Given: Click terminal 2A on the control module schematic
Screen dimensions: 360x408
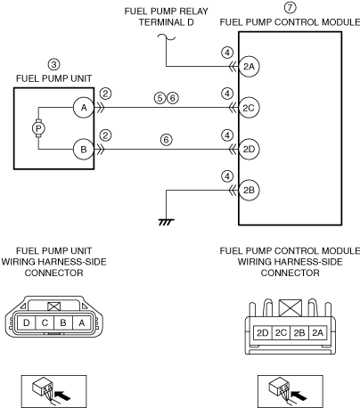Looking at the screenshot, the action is click(x=249, y=67).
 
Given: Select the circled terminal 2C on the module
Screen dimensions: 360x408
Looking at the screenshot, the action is click(x=249, y=108).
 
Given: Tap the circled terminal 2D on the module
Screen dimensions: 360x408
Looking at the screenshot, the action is click(x=249, y=149).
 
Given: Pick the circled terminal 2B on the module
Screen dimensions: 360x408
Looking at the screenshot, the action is click(x=249, y=190).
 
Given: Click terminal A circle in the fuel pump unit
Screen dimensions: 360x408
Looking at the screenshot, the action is click(x=84, y=108).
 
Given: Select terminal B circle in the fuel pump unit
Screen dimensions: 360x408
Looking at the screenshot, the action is click(x=84, y=149).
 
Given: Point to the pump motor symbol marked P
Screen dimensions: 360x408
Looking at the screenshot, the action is click(x=38, y=128).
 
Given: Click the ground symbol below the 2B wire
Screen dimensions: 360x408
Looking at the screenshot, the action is click(x=167, y=222).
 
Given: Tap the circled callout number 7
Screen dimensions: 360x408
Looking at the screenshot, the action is click(x=290, y=7).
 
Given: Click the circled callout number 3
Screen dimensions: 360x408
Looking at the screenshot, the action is click(x=53, y=64).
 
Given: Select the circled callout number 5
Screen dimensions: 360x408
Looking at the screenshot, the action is click(x=160, y=98).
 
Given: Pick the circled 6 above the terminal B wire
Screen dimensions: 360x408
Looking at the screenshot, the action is click(x=167, y=140).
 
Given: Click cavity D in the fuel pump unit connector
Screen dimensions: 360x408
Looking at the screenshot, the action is click(x=26, y=322).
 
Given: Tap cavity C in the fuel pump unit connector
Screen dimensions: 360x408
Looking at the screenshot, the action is click(x=45, y=322).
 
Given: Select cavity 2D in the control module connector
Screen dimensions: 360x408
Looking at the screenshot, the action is click(x=263, y=333).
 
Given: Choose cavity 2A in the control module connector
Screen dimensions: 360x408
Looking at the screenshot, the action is click(x=318, y=333).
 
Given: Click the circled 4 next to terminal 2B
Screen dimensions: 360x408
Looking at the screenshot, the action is click(x=227, y=176).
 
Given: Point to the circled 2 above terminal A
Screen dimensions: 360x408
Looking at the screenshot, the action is click(x=105, y=94).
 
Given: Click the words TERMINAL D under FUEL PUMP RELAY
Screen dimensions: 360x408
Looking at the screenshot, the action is click(x=167, y=22).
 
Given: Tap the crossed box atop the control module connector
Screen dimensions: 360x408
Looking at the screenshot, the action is click(x=290, y=308).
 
